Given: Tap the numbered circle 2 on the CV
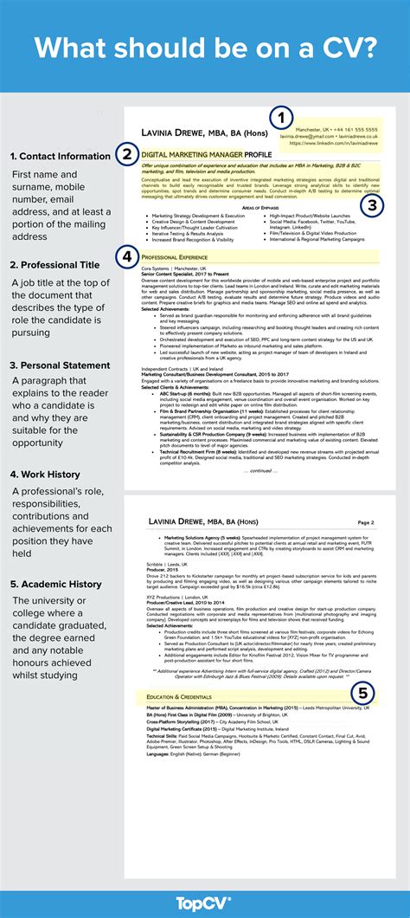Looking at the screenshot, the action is (127, 155).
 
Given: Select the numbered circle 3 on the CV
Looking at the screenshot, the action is (371, 205).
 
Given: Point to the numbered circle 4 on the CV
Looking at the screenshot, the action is (127, 256).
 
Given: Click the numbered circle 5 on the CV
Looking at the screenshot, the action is (362, 693).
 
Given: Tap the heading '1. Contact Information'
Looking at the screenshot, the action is (60, 157).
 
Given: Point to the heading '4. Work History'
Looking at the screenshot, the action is (46, 474).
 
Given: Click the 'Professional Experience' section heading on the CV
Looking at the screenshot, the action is (176, 258).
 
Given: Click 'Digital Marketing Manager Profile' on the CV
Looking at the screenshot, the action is (207, 154).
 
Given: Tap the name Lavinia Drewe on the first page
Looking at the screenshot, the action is (190, 133).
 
